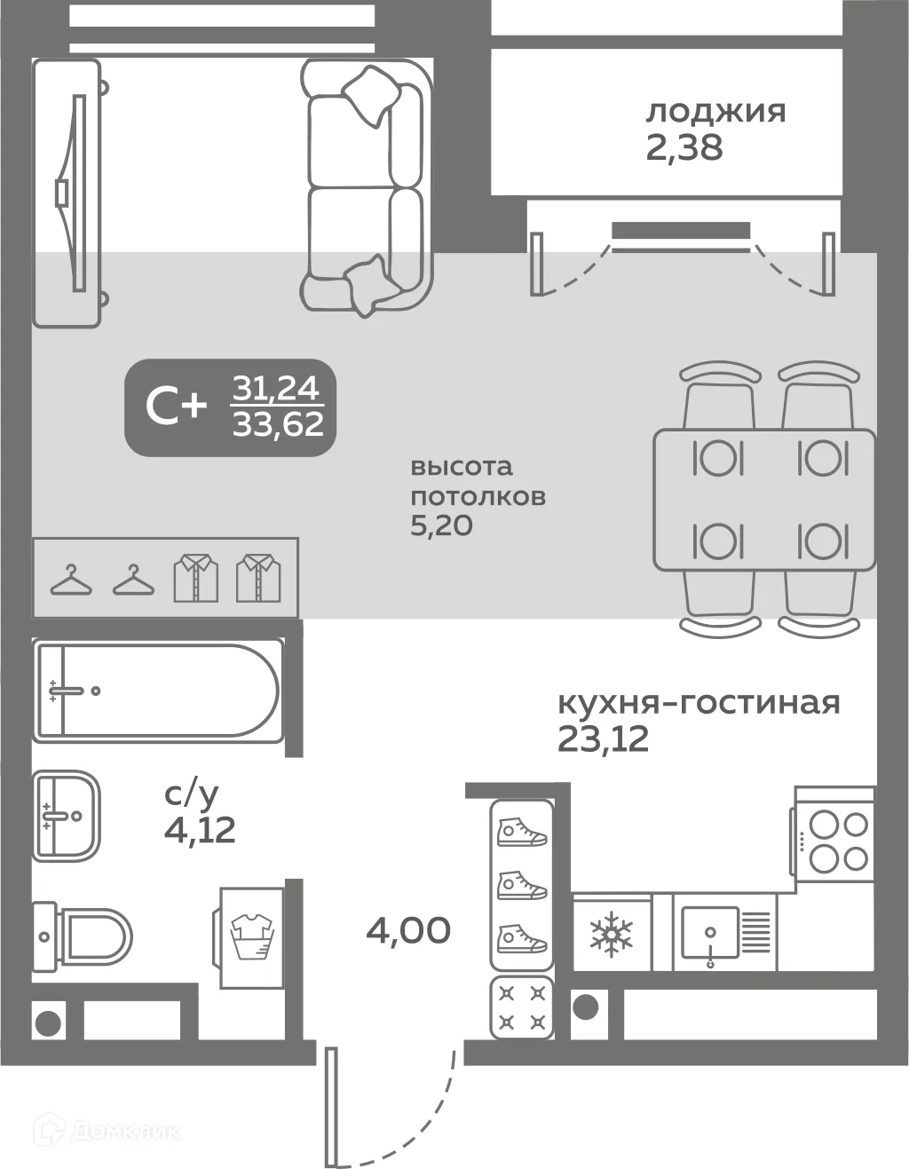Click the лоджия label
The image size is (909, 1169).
[715, 113]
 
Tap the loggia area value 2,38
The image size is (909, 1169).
[684, 147]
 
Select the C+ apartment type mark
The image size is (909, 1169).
[176, 407]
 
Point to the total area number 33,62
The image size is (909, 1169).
[278, 425]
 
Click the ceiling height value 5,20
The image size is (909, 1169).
[440, 525]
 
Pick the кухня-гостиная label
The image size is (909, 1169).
[699, 703]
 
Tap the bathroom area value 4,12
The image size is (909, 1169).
[200, 830]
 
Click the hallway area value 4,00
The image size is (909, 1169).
[408, 930]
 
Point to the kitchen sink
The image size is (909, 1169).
[710, 934]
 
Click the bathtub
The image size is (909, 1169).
[156, 691]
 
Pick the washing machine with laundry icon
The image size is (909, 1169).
[253, 937]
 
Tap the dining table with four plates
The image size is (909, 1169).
[765, 500]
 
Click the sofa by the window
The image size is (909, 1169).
[366, 186]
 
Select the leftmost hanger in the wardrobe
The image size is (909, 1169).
[71, 581]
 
